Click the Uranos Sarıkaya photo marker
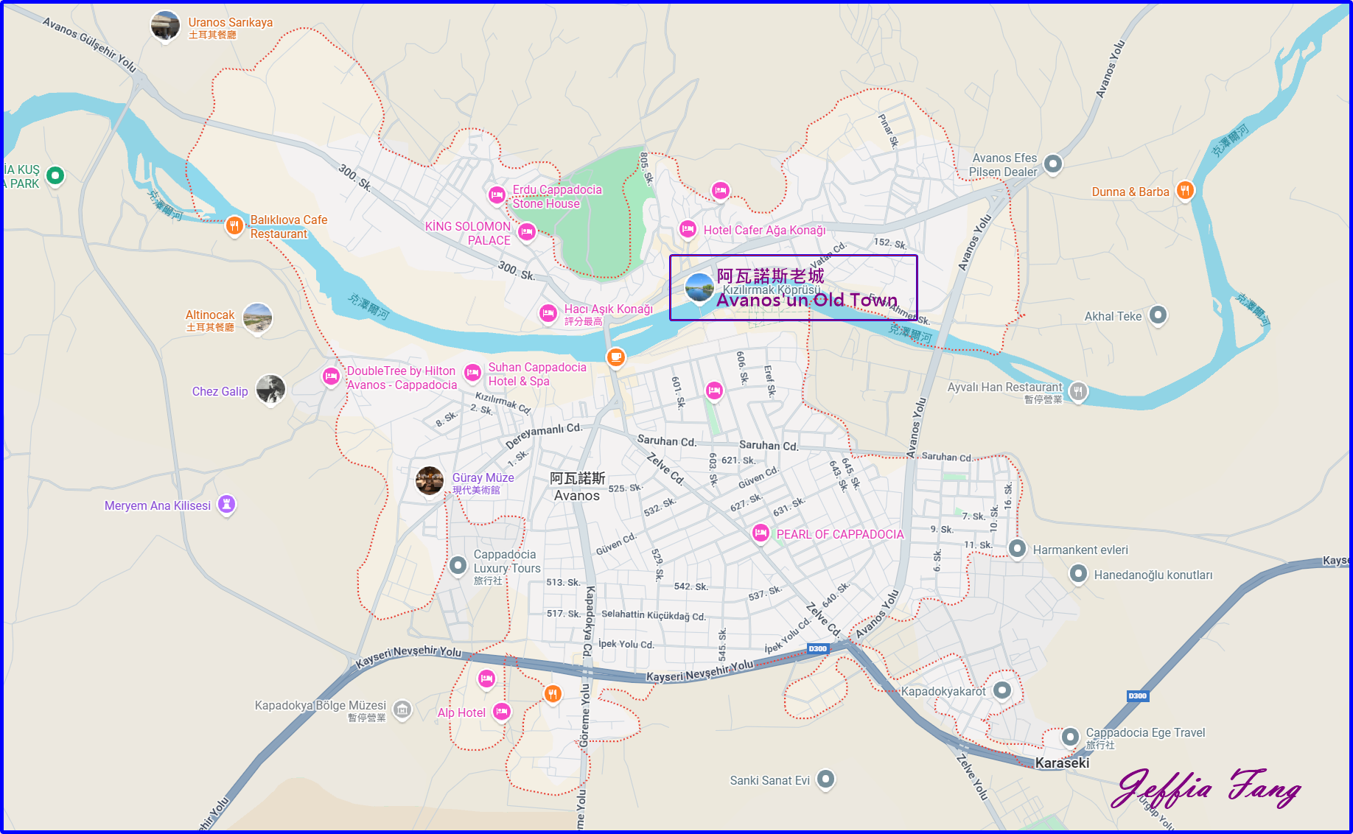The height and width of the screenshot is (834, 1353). (x=165, y=26)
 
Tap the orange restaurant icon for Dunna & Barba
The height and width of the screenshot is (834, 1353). (x=1184, y=191)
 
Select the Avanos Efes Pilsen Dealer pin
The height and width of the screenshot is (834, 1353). (x=1053, y=164)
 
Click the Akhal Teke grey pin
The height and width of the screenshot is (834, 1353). (x=1158, y=315)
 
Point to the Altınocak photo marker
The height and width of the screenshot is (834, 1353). (x=257, y=318)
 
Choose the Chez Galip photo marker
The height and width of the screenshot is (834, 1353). (x=270, y=389)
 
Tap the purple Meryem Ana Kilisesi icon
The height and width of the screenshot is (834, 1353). (x=227, y=505)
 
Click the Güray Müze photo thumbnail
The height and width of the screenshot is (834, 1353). (x=430, y=481)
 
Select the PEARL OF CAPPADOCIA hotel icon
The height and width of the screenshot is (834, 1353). (x=761, y=533)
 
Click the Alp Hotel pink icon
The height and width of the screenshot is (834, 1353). (x=502, y=712)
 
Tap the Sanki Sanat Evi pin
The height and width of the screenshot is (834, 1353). (x=826, y=779)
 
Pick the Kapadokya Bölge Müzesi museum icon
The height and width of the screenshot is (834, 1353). (x=402, y=709)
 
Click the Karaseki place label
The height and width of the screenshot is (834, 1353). (x=1062, y=763)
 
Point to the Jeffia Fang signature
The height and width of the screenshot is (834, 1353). (x=1206, y=788)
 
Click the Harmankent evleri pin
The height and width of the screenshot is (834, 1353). (x=1017, y=549)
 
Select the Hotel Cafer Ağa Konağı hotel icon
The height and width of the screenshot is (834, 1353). (x=688, y=229)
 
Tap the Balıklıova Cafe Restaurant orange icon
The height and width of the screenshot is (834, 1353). (x=234, y=225)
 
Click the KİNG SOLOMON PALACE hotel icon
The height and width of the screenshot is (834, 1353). (x=526, y=233)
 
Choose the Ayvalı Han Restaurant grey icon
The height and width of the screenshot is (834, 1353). (x=1078, y=391)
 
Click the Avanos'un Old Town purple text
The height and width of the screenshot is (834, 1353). (x=807, y=300)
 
